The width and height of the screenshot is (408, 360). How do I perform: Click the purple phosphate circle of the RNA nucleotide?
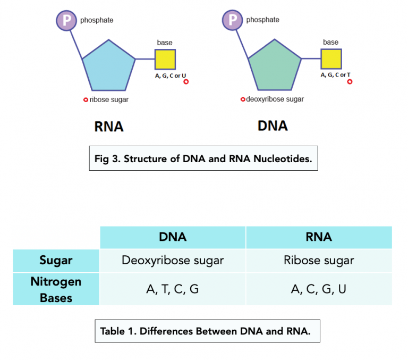coord(66,20)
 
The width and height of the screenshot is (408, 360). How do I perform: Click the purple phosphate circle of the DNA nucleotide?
coord(232,20)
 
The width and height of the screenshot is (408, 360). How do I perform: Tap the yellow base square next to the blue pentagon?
coord(165,60)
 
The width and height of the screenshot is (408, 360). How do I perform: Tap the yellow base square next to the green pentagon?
coord(331,60)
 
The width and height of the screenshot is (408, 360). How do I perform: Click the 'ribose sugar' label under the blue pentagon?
coord(109,99)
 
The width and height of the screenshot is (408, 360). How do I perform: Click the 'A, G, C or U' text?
coord(171,76)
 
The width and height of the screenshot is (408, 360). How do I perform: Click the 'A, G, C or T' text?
coord(336,76)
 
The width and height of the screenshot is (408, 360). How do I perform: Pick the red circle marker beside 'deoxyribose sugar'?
coord(243,99)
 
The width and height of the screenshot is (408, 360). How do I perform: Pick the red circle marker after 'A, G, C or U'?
coord(186,82)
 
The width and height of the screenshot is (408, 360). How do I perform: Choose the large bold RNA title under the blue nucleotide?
coord(109,127)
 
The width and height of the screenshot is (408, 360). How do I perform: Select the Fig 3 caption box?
coord(203,158)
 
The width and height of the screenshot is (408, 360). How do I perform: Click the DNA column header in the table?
coord(173,237)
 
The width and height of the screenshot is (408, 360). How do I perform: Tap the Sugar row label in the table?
coord(56,261)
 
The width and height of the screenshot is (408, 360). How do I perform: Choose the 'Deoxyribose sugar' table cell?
coord(173,261)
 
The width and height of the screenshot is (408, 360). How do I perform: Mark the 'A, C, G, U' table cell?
coord(319,289)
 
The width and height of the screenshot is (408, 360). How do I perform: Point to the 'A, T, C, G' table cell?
coord(173,289)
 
